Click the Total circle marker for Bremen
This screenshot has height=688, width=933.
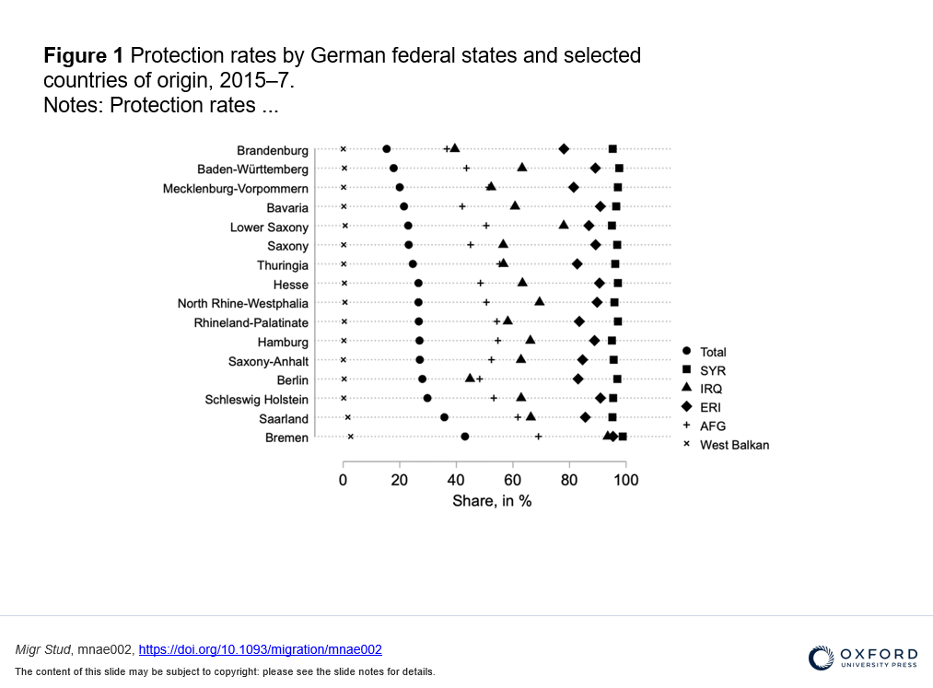click(464, 437)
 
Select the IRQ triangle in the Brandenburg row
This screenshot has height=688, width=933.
click(454, 147)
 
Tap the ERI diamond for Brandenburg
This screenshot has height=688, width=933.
click(564, 149)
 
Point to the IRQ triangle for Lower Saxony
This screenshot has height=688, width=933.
click(564, 225)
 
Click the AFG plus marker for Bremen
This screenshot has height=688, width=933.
click(538, 437)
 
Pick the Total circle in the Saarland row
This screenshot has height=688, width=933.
click(444, 417)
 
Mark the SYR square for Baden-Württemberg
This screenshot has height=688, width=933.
click(619, 169)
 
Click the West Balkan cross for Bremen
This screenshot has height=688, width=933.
click(350, 437)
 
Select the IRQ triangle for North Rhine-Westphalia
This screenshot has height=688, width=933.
click(540, 301)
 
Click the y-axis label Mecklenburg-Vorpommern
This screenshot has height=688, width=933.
click(236, 189)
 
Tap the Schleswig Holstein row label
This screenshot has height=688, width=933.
click(257, 400)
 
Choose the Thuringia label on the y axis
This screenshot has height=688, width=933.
click(283, 265)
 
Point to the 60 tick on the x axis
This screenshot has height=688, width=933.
click(513, 480)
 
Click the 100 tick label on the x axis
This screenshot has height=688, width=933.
click(625, 480)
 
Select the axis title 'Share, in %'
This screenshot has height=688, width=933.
click(492, 501)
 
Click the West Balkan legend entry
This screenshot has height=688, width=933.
click(733, 445)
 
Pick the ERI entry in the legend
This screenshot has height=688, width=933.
click(710, 407)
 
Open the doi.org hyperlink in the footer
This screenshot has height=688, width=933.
click(260, 649)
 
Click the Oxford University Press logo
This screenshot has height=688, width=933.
click(863, 657)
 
